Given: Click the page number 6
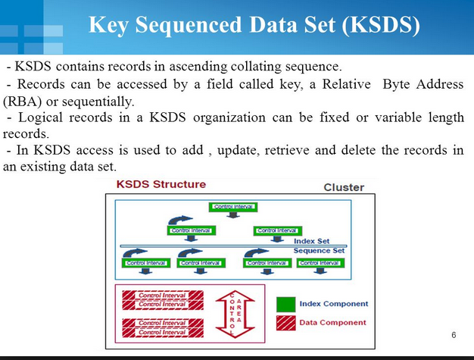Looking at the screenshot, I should pos(454,335).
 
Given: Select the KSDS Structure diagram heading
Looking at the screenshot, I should pos(161,184).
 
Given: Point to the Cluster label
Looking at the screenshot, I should pos(344,187).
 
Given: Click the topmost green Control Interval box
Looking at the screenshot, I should pos(234,206).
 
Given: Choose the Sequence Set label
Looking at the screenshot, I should pos(319,250).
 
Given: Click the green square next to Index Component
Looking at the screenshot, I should pos(285,304).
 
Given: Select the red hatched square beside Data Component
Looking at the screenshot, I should pos(285,322).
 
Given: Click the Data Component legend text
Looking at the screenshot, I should pos(332,322).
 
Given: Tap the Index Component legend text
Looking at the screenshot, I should pos(334,304).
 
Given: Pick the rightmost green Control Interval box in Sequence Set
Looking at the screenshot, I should pos(319,263).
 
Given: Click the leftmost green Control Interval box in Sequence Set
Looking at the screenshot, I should pos(146,263).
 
